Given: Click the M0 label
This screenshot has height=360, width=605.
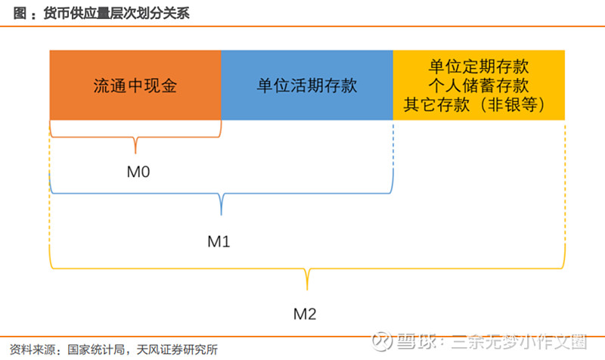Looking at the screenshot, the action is point(138,172).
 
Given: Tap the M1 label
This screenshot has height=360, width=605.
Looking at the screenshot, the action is point(219,242).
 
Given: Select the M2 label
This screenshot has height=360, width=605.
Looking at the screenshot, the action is point(305,314).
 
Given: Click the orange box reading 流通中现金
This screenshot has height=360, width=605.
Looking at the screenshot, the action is point(135,85).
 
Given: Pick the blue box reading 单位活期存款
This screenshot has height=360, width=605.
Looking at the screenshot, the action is point(307,85).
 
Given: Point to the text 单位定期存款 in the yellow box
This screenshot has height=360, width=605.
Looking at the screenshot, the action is point(479,67).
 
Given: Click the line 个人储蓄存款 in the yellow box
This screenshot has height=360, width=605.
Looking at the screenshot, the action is point(479,85).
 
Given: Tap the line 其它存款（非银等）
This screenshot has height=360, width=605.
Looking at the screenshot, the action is point(475,104).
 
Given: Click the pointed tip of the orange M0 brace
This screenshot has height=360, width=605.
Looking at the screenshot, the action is point(135,154).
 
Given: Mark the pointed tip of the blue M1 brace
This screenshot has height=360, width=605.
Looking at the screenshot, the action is point(221,215).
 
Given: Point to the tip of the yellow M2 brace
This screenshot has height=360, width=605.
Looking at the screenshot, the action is point(307,290).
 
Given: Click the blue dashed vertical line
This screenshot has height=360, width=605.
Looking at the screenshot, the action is point(392,144).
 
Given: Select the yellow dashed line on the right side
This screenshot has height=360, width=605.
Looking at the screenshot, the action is point(565,182).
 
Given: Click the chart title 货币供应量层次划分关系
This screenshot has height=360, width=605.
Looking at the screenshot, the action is point(116,13).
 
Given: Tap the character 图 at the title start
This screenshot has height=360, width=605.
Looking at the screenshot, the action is point(20,13).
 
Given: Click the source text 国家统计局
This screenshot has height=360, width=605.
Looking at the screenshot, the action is point(96,349).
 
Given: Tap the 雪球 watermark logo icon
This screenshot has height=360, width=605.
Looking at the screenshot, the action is point(382,341).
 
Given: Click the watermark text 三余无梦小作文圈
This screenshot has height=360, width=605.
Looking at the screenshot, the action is point(519,342).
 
